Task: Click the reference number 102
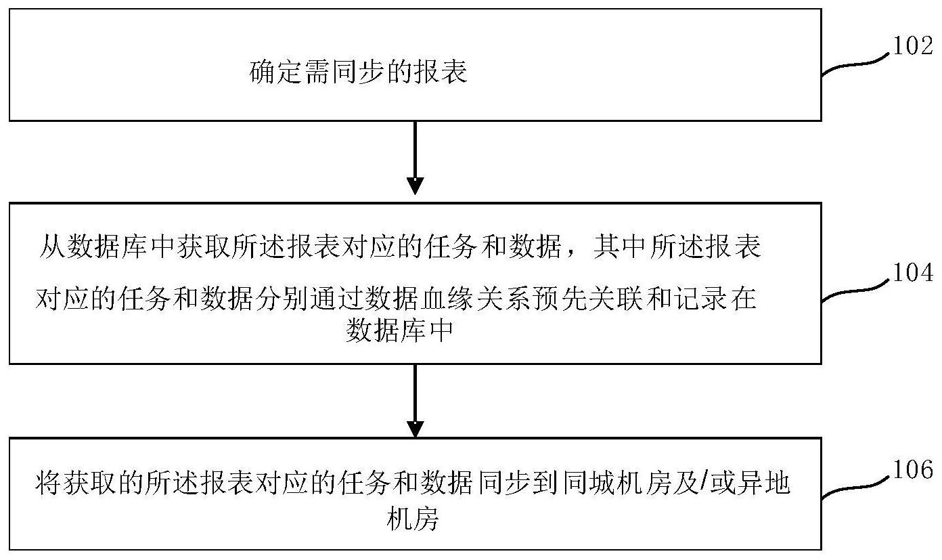tap(912, 45)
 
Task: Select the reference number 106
tap(912, 469)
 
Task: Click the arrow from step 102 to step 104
tap(415, 158)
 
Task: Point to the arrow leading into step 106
tap(415, 401)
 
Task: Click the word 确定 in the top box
tap(275, 72)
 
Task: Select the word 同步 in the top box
tap(358, 72)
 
